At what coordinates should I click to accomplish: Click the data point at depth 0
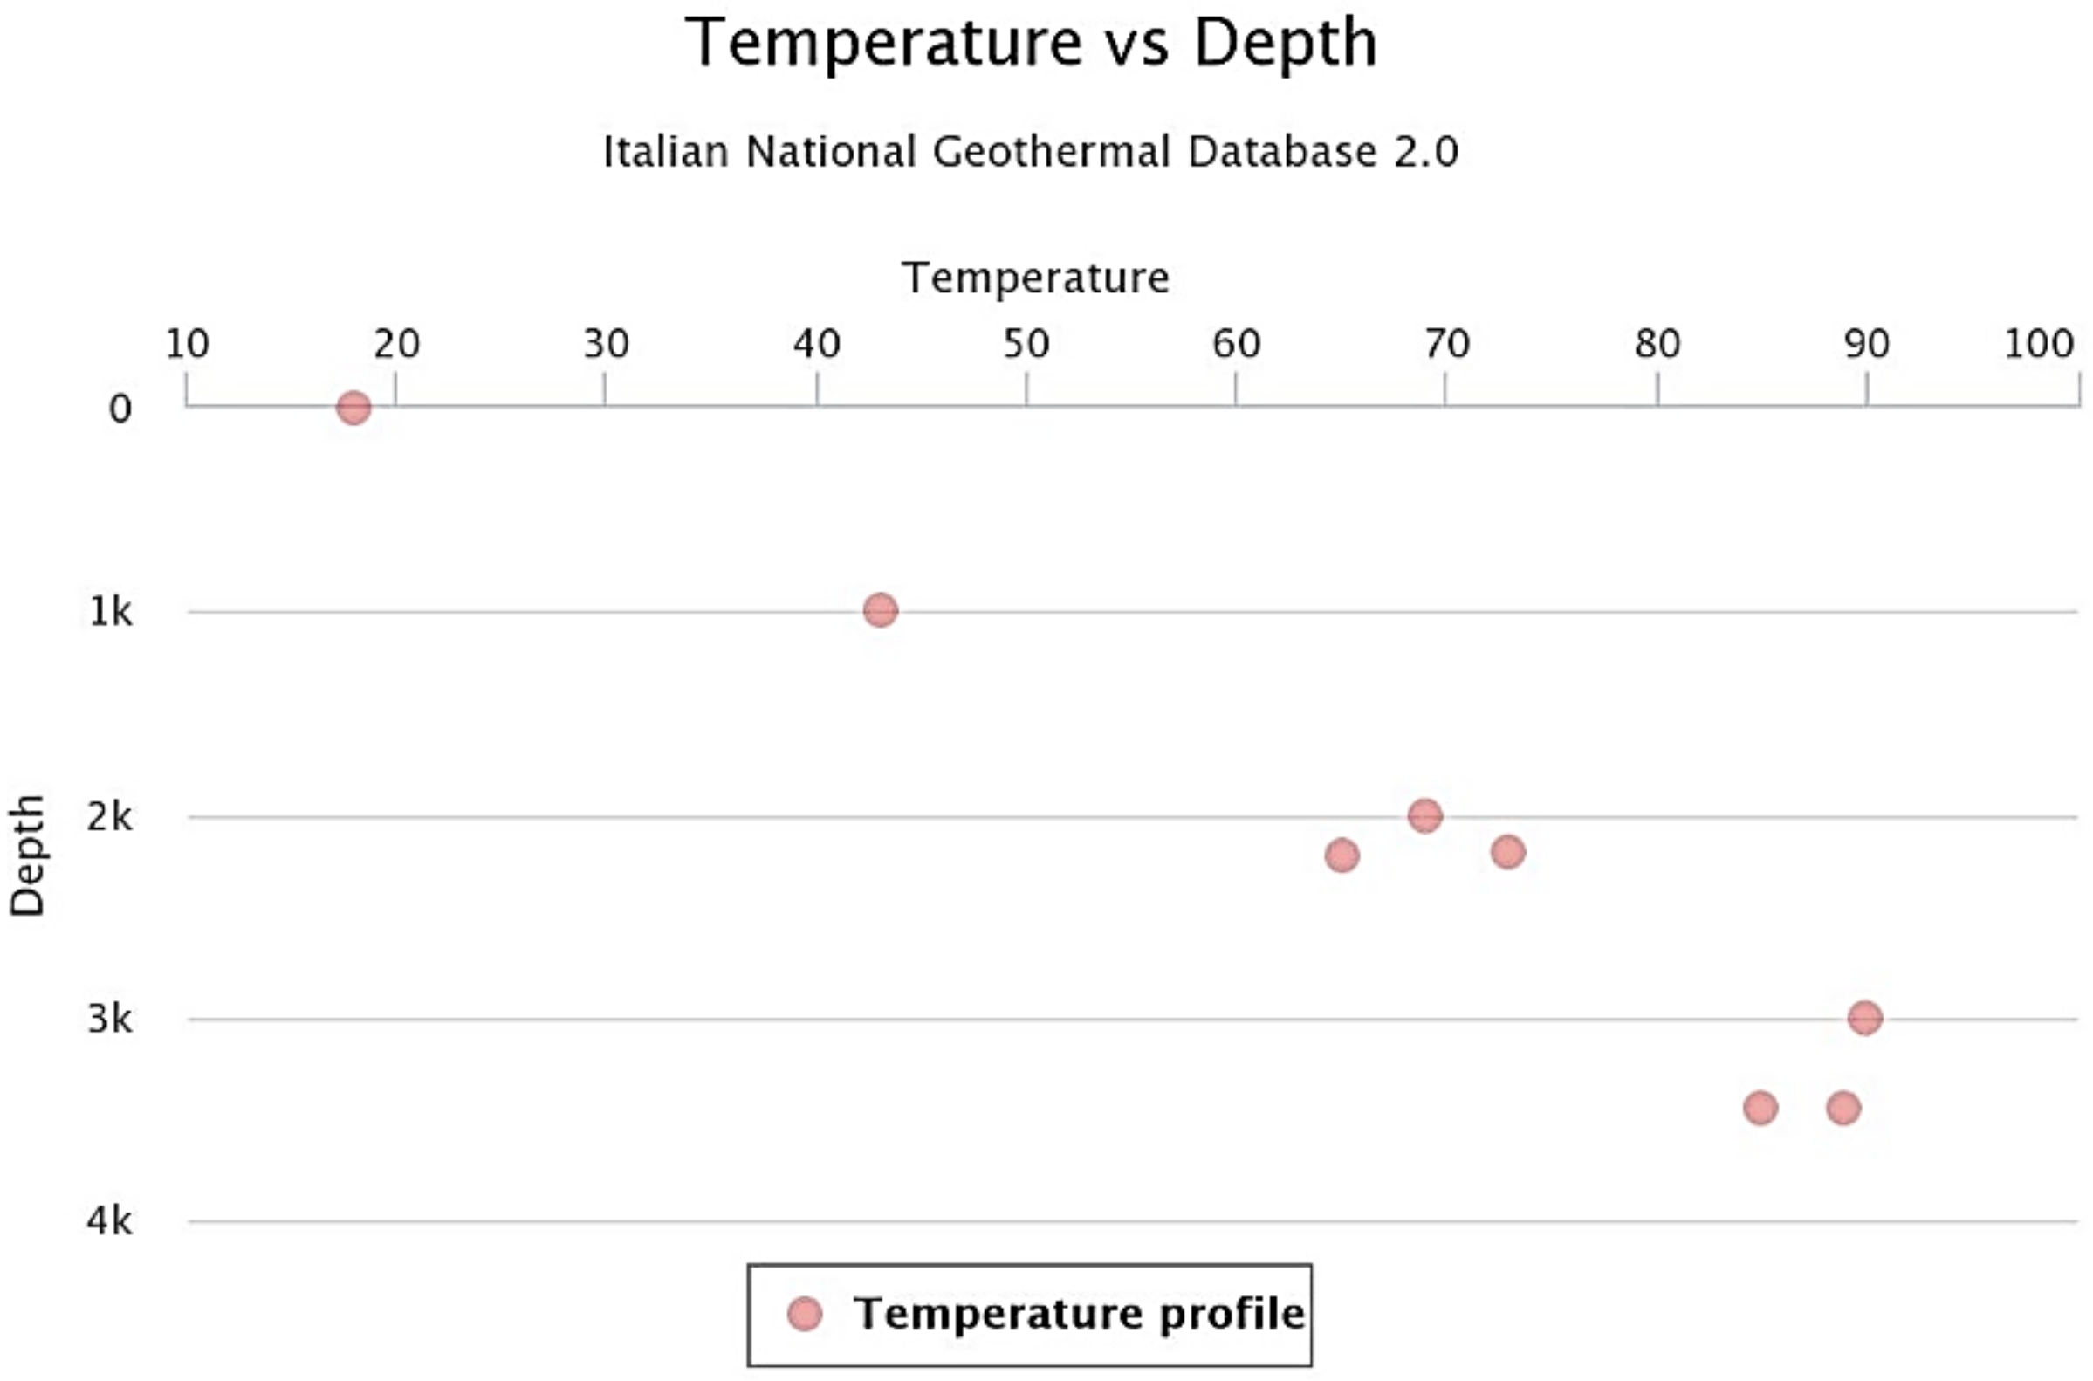[x=353, y=408]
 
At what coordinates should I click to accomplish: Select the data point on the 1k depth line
[x=881, y=609]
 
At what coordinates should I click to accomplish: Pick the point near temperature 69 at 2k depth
[x=1424, y=815]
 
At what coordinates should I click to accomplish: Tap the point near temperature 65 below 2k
[x=1342, y=855]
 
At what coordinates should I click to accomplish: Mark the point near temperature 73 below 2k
[x=1507, y=852]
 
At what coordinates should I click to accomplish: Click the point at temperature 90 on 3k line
[x=1865, y=1018]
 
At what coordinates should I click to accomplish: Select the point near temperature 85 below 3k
[x=1760, y=1108]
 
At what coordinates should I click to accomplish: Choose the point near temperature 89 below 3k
[x=1843, y=1108]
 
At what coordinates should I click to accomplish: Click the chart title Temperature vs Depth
[x=1030, y=42]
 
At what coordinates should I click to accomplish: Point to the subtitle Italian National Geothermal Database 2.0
[x=1030, y=152]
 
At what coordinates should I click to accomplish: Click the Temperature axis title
[x=1034, y=278]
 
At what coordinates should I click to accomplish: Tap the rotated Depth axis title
[x=26, y=855]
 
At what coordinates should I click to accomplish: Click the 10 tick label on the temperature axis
[x=187, y=343]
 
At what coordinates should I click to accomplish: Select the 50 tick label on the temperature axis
[x=1026, y=343]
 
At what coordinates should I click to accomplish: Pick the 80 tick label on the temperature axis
[x=1657, y=343]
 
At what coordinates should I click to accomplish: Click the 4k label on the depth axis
[x=109, y=1221]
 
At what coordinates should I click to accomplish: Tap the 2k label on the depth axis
[x=109, y=817]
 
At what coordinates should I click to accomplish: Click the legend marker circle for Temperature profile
[x=804, y=1314]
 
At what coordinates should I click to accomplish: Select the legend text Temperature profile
[x=1079, y=1314]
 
